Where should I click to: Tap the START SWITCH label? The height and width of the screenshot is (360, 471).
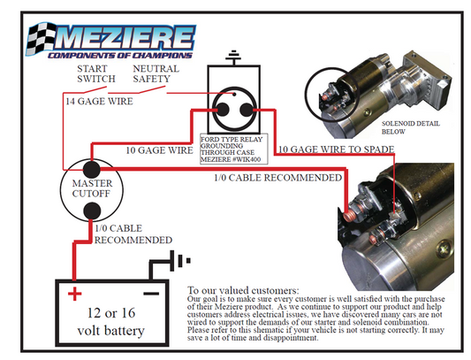click(96, 74)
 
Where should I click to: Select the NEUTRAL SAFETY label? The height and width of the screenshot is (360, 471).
click(156, 74)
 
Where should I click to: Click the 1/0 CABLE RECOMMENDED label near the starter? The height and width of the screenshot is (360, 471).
click(277, 179)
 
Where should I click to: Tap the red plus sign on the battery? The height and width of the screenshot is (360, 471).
click(74, 293)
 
